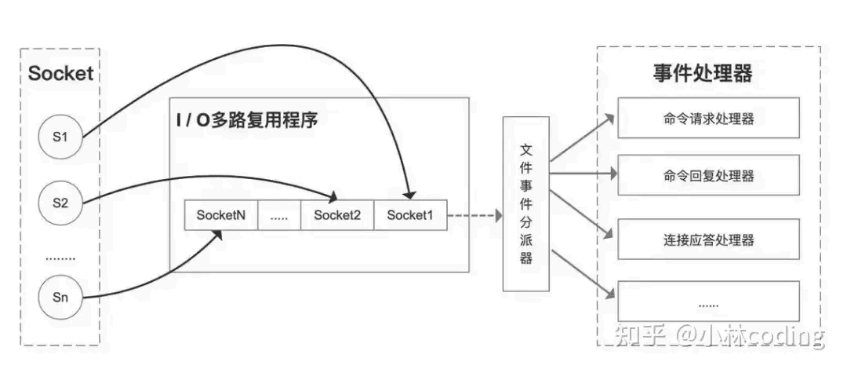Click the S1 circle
coord(60,137)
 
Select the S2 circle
coord(60,203)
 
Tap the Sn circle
coord(60,297)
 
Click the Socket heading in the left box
coord(60,74)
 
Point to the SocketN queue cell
coord(221,215)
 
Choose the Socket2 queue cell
coord(337,215)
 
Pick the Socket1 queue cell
coord(410,215)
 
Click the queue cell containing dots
coord(279,215)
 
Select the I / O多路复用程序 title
coord(246,121)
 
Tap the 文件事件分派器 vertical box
coord(526,203)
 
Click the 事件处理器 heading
coord(702,74)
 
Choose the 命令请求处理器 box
coord(709,119)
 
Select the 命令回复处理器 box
coord(709,176)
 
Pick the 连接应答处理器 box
coord(709,240)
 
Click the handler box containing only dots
coord(709,302)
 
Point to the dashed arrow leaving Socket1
coord(474,215)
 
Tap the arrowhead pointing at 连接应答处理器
coord(609,233)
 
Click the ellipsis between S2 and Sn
coord(60,255)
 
